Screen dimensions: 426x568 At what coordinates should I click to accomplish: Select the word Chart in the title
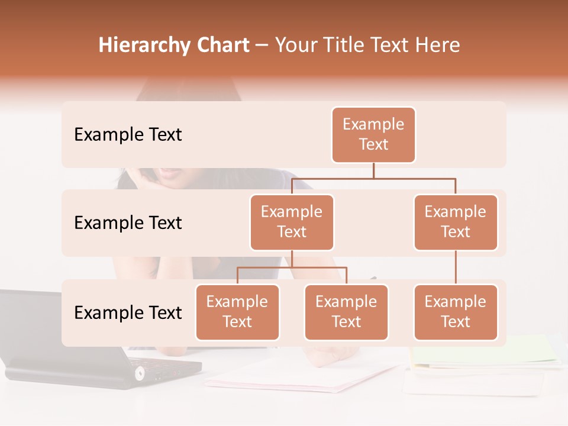[x=220, y=46]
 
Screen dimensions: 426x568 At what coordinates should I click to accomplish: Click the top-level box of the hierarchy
[x=373, y=135]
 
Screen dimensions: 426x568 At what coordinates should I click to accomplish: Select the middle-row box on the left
[x=292, y=222]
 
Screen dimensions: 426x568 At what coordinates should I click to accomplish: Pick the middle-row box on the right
[x=456, y=222]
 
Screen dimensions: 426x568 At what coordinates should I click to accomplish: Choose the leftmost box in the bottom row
[x=237, y=312]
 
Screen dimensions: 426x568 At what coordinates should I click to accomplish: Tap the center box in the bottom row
[x=346, y=312]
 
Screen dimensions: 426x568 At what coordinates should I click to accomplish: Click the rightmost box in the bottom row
[x=456, y=312]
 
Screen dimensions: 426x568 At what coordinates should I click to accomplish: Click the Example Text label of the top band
[x=128, y=135]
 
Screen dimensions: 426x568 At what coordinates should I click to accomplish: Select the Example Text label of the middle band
[x=128, y=223]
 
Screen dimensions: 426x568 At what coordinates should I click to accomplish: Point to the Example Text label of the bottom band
[x=128, y=313]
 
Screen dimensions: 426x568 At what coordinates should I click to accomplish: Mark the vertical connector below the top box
[x=373, y=170]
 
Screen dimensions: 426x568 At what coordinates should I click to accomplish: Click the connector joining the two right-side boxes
[x=456, y=267]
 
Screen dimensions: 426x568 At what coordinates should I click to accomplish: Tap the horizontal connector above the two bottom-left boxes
[x=292, y=267]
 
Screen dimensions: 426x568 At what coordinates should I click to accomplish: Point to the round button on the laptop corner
[x=140, y=373]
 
